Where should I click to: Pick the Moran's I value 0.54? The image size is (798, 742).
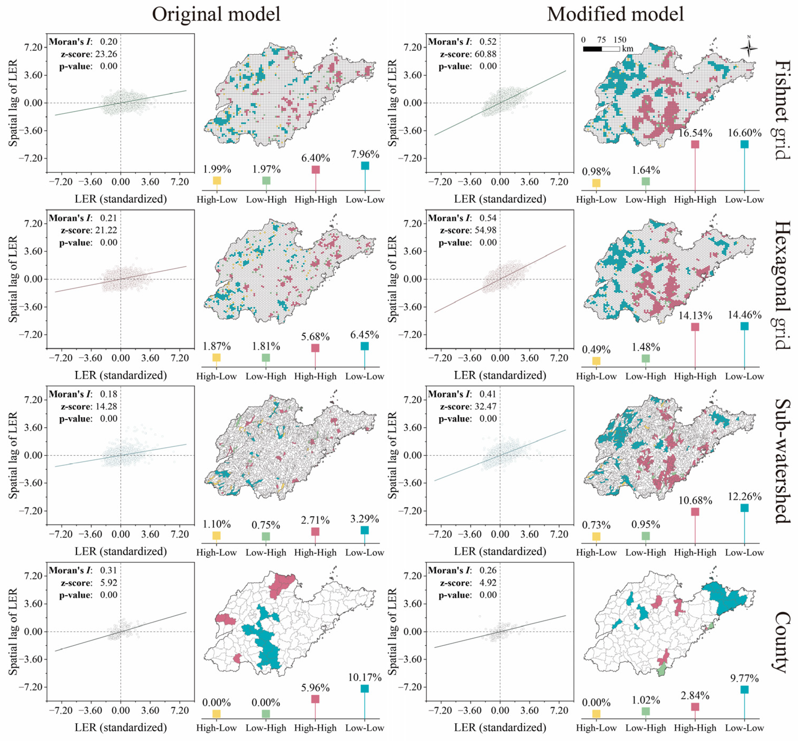coord(488,218)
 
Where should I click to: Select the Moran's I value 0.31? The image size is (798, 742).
coord(109,570)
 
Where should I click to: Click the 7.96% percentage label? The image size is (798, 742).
coord(365,154)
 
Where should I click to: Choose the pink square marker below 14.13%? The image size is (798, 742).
coord(695,327)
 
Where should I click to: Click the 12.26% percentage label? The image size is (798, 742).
coord(745,497)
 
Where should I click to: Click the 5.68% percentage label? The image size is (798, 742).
coord(315,336)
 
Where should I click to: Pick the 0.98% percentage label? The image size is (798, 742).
coord(596,172)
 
